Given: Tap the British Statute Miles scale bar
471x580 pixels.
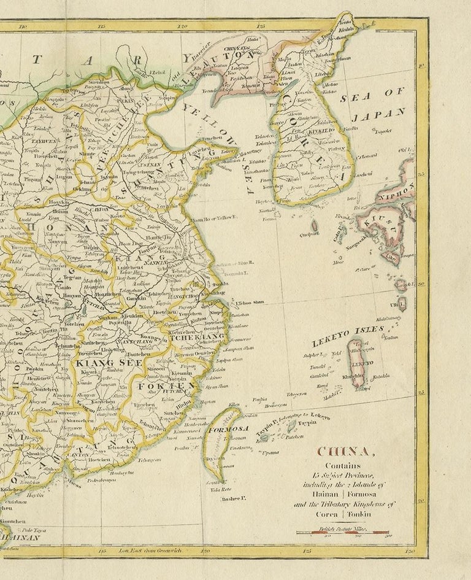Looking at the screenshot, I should (x=342, y=532).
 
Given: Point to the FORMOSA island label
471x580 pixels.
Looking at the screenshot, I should (x=228, y=428).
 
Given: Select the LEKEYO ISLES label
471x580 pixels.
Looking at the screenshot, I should (x=348, y=333).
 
